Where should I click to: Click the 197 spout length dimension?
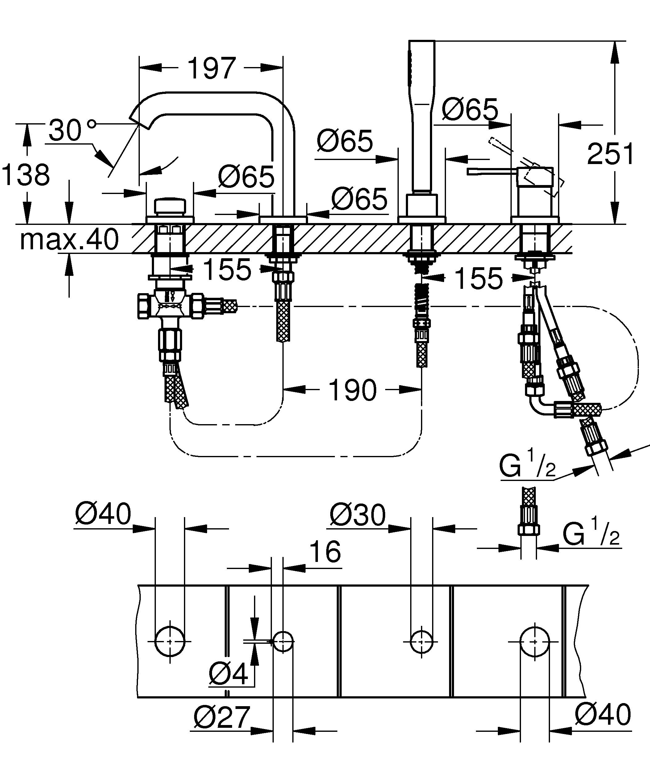[x=211, y=68]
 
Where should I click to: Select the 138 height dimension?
[x=25, y=174]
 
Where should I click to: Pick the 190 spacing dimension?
[x=352, y=390]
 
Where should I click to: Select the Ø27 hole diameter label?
[x=222, y=717]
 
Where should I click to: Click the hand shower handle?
[x=422, y=112]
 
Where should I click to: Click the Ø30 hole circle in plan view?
[x=422, y=642]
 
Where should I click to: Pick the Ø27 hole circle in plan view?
[x=283, y=642]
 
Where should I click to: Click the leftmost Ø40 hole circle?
[x=170, y=642]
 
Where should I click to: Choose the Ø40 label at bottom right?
[x=603, y=715]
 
